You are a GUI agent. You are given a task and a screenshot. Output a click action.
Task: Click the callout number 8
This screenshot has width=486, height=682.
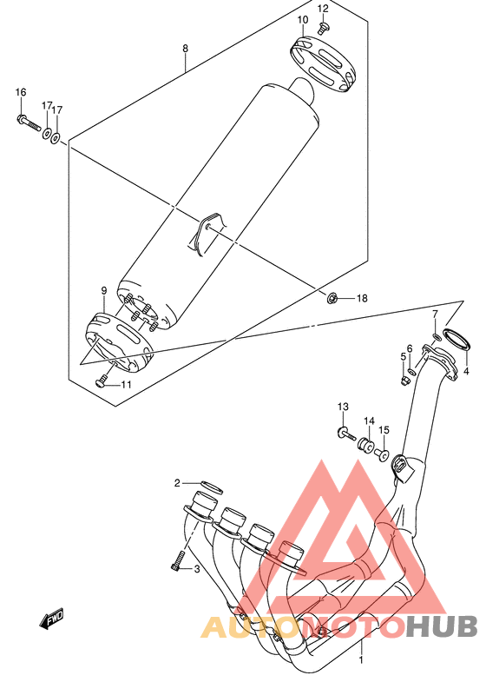[186, 49]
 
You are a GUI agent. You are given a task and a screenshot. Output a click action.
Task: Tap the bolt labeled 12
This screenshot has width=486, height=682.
[324, 28]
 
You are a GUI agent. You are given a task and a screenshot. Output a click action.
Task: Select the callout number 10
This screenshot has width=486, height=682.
[303, 20]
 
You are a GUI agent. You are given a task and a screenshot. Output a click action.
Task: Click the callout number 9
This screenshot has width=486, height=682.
[104, 290]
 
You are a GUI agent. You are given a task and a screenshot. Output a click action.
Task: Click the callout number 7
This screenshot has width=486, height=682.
[435, 314]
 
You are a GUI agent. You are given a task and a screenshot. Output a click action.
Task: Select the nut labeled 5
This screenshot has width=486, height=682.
[404, 381]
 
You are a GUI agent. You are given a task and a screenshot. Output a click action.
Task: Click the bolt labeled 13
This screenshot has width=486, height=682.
[346, 434]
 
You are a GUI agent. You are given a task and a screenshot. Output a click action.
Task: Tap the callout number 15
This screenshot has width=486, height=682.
[384, 430]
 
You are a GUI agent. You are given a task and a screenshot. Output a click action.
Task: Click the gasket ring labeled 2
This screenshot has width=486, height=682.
[212, 487]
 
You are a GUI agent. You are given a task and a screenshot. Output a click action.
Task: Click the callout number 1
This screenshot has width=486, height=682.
[360, 659]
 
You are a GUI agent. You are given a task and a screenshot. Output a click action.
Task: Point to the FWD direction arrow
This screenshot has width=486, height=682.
[51, 619]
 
